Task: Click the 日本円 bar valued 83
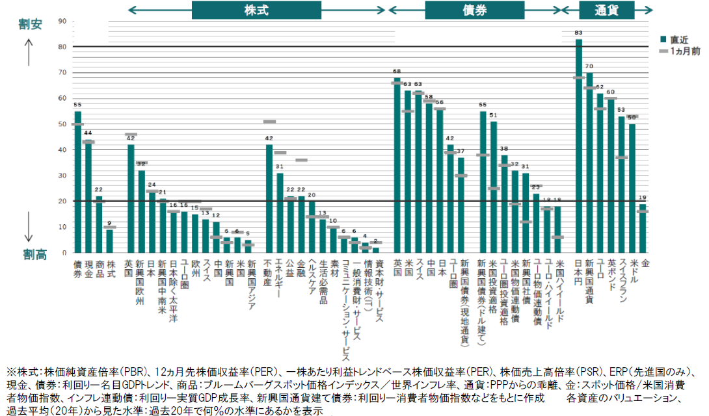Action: point(579,146)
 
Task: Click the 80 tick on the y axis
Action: point(62,47)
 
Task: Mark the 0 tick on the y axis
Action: point(64,252)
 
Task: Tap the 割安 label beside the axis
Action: point(30,25)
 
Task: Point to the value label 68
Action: point(397,71)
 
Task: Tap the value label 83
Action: point(579,32)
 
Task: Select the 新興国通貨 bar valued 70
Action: point(589,162)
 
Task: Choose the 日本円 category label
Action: point(579,274)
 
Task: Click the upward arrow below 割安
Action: point(30,51)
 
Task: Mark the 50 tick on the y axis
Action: point(62,124)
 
